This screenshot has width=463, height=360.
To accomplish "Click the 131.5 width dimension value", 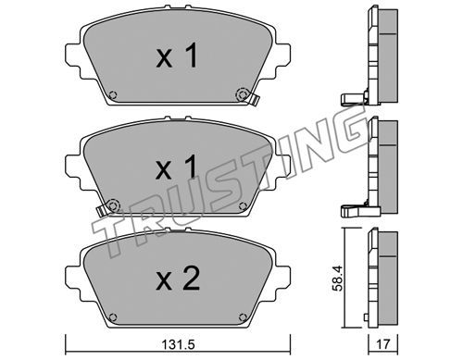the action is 179,344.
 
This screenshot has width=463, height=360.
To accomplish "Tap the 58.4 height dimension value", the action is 337,279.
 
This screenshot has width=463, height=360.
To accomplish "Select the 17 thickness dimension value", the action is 383,344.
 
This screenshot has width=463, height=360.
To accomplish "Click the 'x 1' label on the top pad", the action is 177,56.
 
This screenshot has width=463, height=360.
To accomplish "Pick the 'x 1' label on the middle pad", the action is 177,167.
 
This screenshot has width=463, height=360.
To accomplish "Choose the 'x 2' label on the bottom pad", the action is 178,279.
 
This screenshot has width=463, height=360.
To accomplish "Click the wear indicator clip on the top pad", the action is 255,100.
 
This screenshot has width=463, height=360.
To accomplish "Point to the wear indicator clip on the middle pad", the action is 101,211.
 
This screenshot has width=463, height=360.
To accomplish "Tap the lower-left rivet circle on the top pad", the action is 113,94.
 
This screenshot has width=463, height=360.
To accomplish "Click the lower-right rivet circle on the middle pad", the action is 243,205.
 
